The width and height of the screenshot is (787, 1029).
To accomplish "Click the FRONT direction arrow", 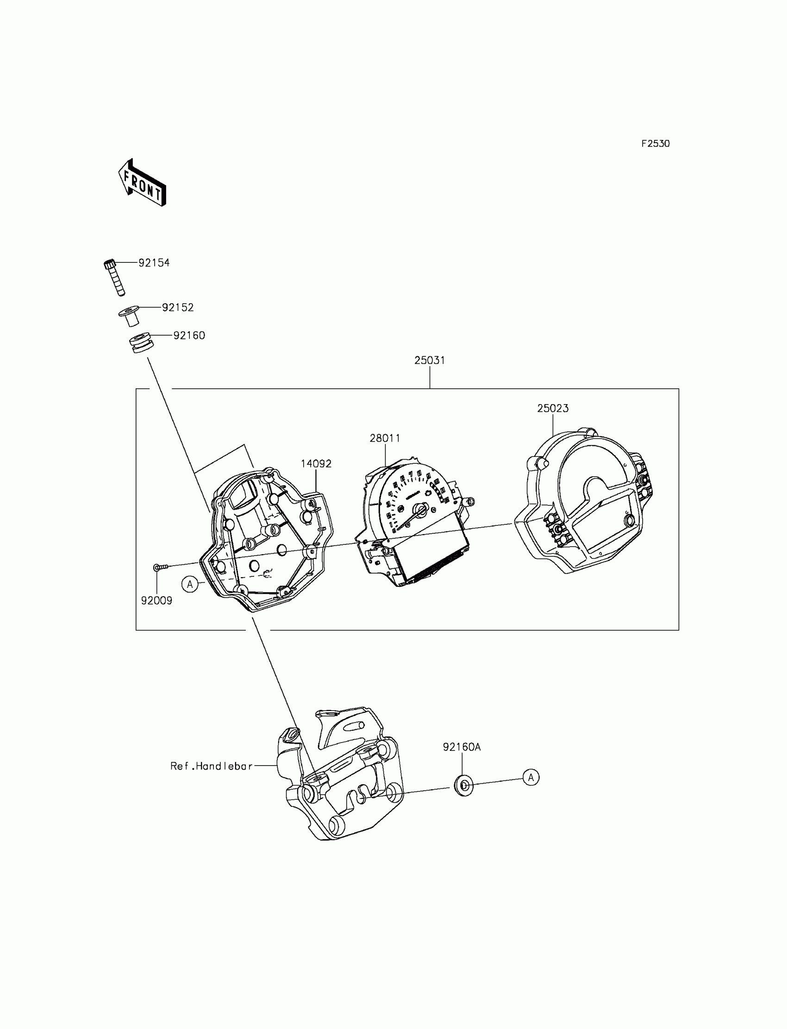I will tap(142, 183).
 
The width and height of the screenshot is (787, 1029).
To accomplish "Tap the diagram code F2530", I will tap(656, 144).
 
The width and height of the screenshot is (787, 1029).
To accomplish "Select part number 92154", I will tap(154, 263).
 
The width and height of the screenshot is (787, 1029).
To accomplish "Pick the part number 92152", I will tap(178, 307).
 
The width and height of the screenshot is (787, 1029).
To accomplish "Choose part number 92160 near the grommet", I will tap(189, 335).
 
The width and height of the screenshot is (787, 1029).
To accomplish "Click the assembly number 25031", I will tap(430, 360).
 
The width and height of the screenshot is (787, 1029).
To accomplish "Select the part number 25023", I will tap(553, 408).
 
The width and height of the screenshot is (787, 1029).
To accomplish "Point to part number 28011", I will tap(385, 438).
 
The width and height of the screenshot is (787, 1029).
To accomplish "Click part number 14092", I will tap(316, 464).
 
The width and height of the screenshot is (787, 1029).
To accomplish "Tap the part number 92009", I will tap(156, 601).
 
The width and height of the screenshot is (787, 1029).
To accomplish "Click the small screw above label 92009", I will tap(160, 568).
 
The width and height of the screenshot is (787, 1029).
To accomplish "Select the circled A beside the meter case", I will tap(190, 584).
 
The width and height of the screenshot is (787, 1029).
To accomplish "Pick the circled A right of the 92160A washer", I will tap(531, 778).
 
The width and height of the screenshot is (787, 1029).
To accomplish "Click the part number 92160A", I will tap(462, 747).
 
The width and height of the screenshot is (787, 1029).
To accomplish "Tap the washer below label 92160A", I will tap(464, 786).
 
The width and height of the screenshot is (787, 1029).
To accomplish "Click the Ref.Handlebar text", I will tap(211, 766).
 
